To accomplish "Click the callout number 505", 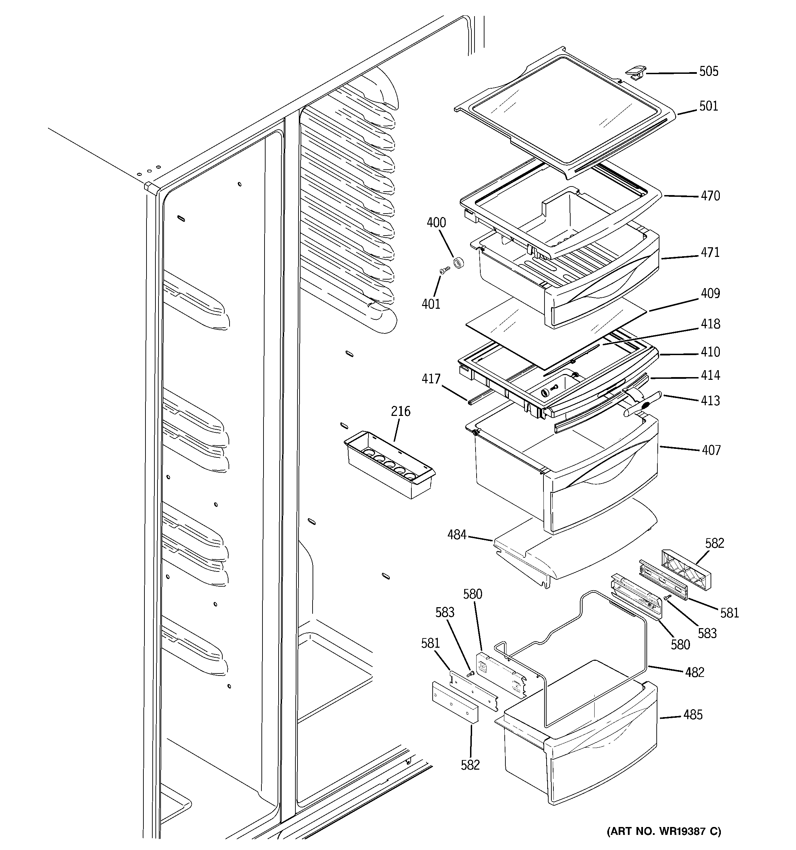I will pyautogui.click(x=709, y=71).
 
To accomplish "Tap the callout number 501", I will pyautogui.click(x=709, y=106).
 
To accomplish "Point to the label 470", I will pyautogui.click(x=710, y=196).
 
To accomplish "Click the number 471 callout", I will pyautogui.click(x=710, y=253).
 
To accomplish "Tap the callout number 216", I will pyautogui.click(x=400, y=411).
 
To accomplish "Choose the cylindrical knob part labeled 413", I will pyautogui.click(x=642, y=404).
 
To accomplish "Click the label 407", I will pyautogui.click(x=711, y=450).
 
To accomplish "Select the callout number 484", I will pyautogui.click(x=457, y=535).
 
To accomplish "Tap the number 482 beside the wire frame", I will pyautogui.click(x=694, y=672).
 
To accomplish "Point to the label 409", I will pyautogui.click(x=710, y=293).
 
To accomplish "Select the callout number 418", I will pyautogui.click(x=710, y=324).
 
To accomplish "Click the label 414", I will pyautogui.click(x=710, y=375).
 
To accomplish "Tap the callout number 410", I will pyautogui.click(x=710, y=352).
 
